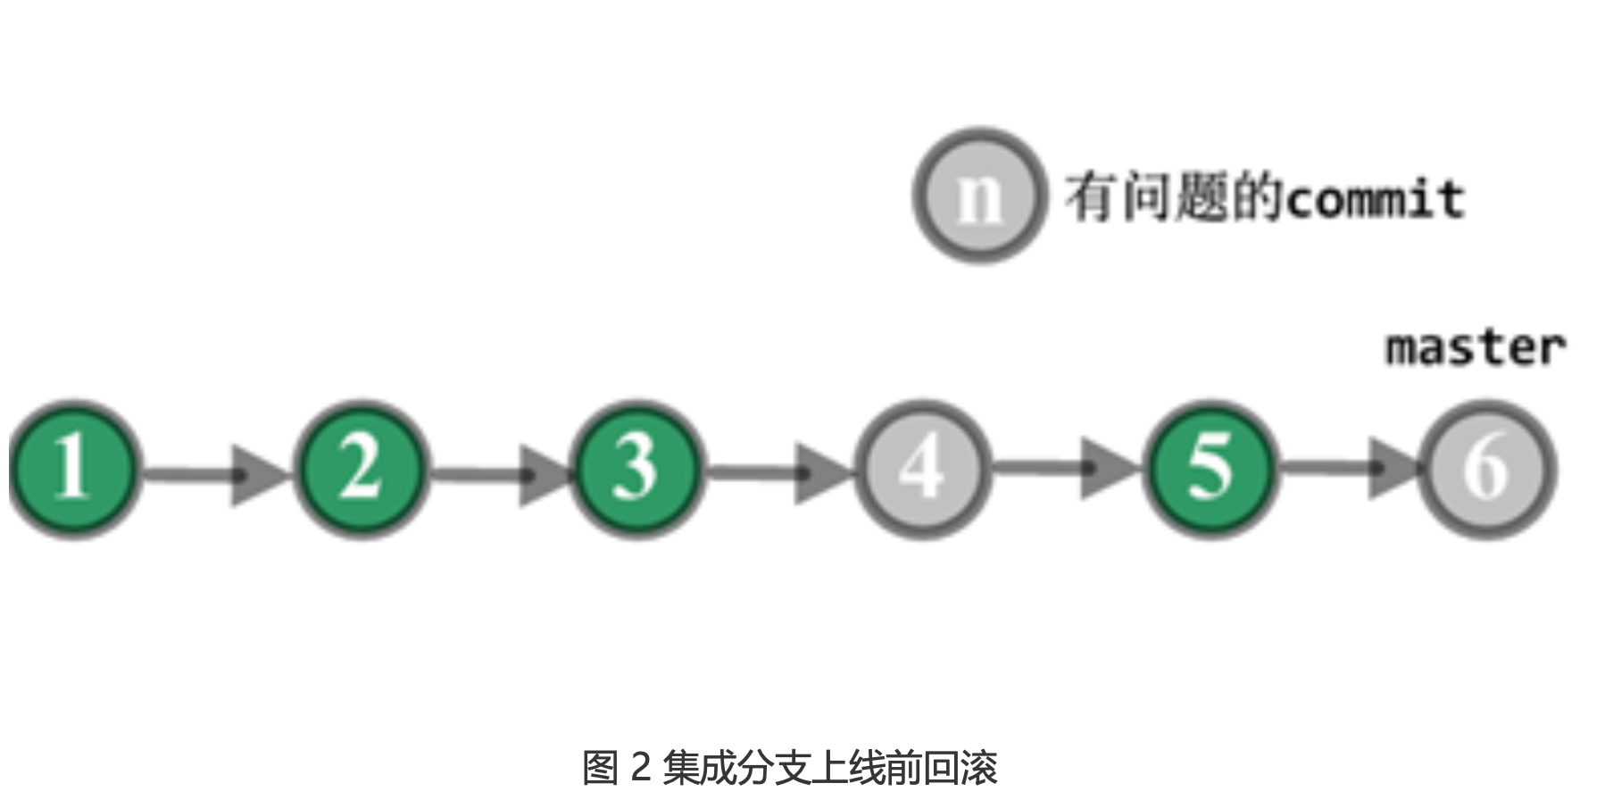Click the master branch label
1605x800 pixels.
coord(1475,347)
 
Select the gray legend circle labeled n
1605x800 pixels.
coord(979,196)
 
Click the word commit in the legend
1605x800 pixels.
coord(1375,198)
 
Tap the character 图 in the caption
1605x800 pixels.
coord(601,767)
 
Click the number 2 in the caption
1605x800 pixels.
coord(640,767)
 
